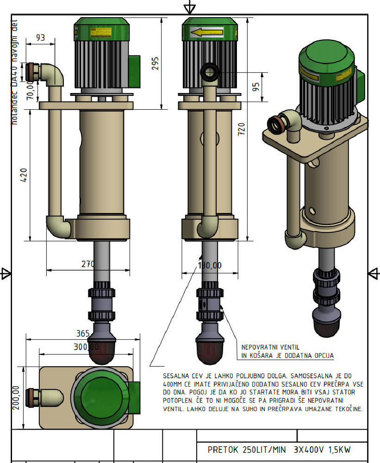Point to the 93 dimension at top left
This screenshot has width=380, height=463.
click(40, 38)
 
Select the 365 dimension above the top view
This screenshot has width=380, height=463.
click(82, 333)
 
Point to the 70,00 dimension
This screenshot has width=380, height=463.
click(30, 90)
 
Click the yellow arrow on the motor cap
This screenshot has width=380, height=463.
click(206, 33)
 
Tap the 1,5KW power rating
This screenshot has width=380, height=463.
click(340, 450)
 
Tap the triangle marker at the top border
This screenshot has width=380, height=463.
click(189, 7)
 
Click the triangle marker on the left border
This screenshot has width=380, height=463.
click(6, 274)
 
